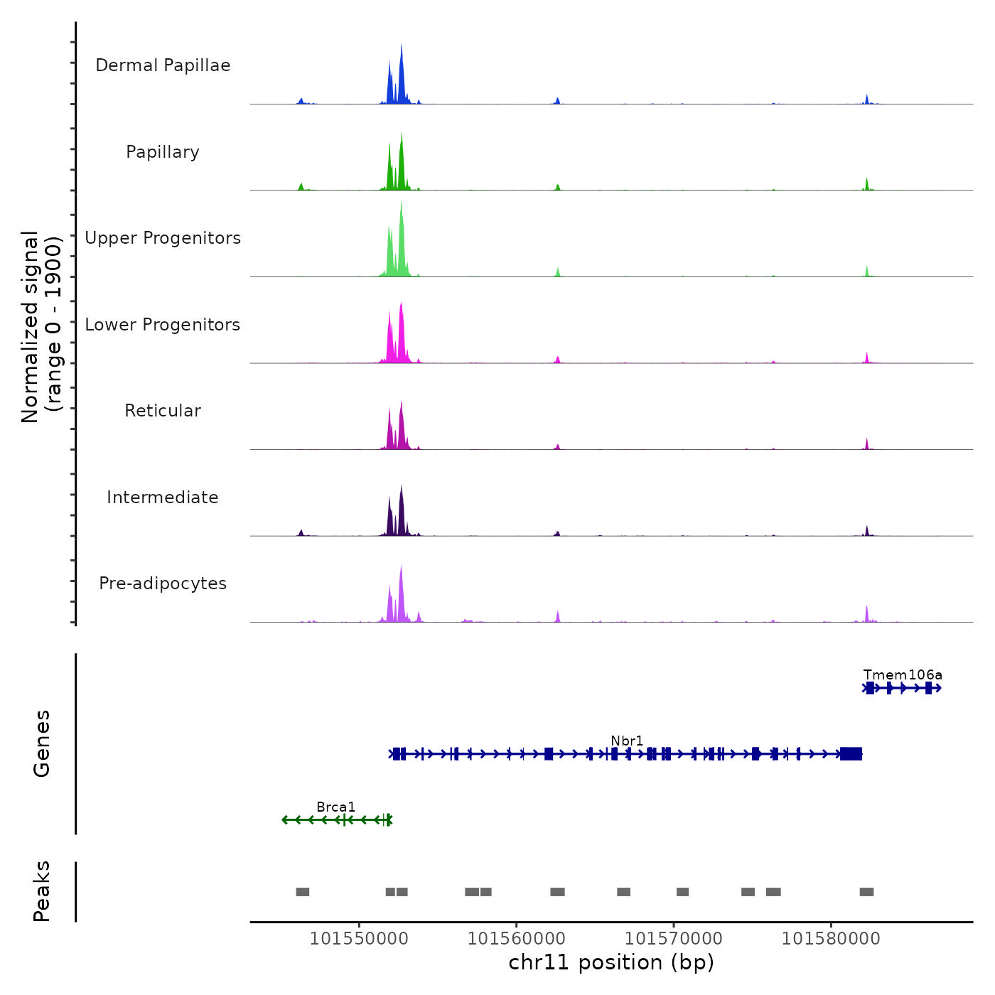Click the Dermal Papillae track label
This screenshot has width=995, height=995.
[163, 65]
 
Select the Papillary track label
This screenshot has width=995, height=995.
[163, 152]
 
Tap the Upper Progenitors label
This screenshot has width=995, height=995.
[163, 238]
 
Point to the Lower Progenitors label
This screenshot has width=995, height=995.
[163, 325]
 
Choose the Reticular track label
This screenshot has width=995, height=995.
[163, 411]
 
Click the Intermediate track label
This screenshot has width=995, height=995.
[163, 497]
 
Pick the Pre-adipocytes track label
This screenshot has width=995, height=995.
[163, 583]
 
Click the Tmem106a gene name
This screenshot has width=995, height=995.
[903, 674]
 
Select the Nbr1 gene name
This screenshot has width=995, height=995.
[627, 741]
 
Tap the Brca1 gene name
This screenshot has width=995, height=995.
[335, 807]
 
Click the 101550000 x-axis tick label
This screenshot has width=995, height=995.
[359, 939]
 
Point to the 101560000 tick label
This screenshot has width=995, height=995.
[517, 939]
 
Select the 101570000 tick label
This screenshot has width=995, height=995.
[674, 939]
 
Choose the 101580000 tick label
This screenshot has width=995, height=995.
[831, 939]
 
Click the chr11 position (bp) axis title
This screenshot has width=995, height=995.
[611, 962]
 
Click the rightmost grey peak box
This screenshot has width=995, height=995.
[866, 892]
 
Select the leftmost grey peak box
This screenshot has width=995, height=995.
[303, 892]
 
